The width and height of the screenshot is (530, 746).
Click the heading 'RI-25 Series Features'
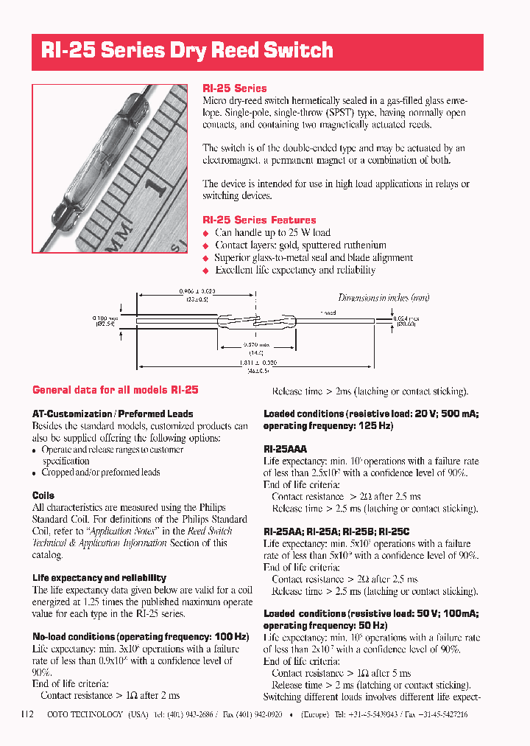click(259, 220)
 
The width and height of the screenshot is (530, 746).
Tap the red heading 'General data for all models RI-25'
click(116, 390)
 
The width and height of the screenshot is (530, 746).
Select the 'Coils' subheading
click(43, 495)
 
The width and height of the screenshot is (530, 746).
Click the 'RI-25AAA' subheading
click(285, 448)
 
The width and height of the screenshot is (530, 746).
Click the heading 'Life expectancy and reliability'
click(99, 578)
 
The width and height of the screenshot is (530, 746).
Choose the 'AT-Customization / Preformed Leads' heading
click(113, 414)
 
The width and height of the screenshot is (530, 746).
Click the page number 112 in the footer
click(28, 714)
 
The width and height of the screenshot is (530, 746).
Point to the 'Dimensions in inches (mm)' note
click(384, 298)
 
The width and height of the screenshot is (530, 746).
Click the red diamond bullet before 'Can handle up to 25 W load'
click(206, 233)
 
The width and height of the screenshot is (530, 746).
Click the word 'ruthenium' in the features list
click(361, 245)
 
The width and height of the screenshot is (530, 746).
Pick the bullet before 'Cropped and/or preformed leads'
click(35, 473)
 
